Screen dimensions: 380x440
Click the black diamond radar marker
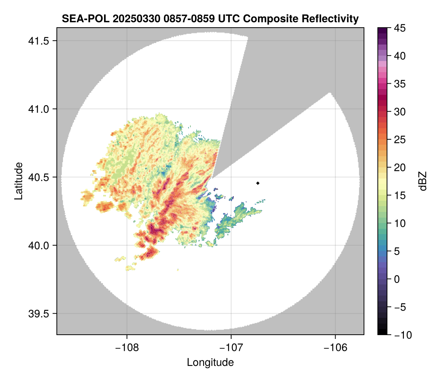tap(258, 183)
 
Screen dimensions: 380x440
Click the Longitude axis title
tap(210, 362)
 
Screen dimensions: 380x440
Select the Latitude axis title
tap(18, 181)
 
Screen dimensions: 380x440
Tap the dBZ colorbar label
tap(423, 181)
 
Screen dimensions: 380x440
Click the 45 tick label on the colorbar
tap(399, 28)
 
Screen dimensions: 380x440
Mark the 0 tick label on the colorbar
tap(397, 279)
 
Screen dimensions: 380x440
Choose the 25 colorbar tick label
tap(399, 140)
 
